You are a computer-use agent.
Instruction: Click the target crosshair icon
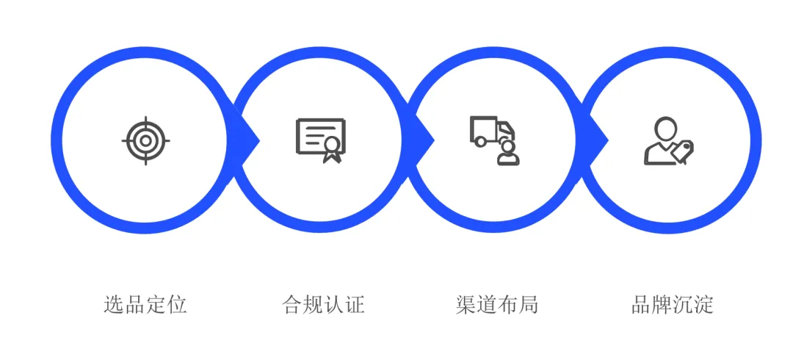[x=145, y=140]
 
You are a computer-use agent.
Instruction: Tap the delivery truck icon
[x=491, y=132]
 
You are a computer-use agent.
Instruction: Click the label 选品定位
[x=145, y=304]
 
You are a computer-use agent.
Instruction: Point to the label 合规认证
[x=323, y=304]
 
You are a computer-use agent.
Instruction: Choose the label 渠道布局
[x=497, y=304]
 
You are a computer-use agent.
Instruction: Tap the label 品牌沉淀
[x=673, y=304]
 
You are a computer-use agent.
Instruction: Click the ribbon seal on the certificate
[x=332, y=148]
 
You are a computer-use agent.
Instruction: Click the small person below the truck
[x=507, y=154]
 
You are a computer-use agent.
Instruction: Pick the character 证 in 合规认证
[x=355, y=304]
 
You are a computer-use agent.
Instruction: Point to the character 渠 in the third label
[x=466, y=304]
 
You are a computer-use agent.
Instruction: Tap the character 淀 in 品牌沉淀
[x=704, y=304]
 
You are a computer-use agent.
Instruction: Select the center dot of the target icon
[x=145, y=140]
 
